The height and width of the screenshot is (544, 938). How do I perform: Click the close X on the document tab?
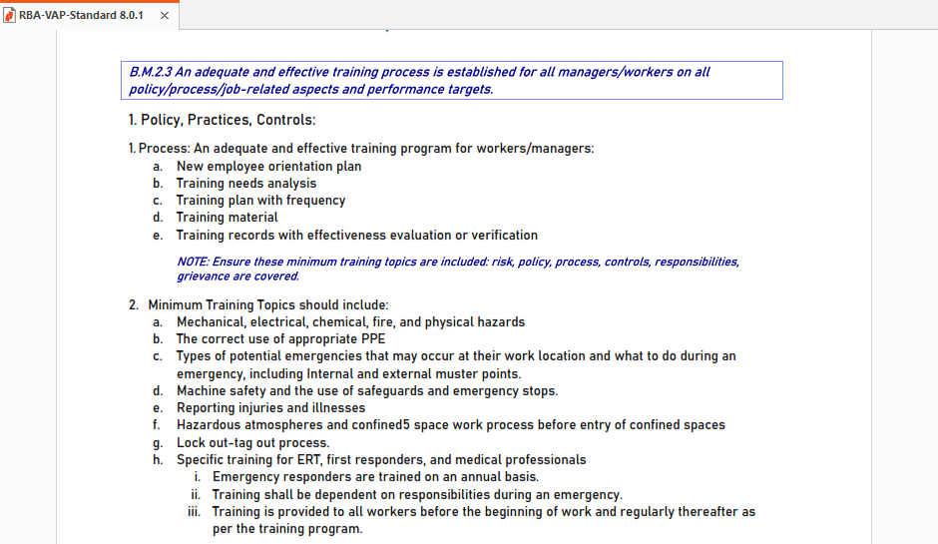pos(164,16)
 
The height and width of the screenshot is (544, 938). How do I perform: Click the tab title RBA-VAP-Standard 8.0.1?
pos(81,16)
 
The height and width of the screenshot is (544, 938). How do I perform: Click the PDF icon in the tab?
pos(10,16)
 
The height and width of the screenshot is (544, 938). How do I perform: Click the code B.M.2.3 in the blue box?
pos(151,72)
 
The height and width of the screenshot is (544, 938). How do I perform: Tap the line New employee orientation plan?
pos(268,167)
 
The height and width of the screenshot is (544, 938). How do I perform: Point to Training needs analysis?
pos(246,184)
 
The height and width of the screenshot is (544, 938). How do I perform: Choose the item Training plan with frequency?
pos(260,201)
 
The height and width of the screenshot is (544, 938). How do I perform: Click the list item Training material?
pos(227,218)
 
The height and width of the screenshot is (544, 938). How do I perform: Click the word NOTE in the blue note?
pos(192,262)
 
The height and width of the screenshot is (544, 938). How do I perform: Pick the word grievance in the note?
pos(202,276)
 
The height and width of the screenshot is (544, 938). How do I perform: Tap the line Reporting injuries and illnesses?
pos(270,408)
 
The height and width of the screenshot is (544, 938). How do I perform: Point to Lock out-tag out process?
pos(252,443)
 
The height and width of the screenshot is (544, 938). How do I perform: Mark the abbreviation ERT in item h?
pos(304,460)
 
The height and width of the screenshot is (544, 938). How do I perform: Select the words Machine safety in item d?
pos(220,391)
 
